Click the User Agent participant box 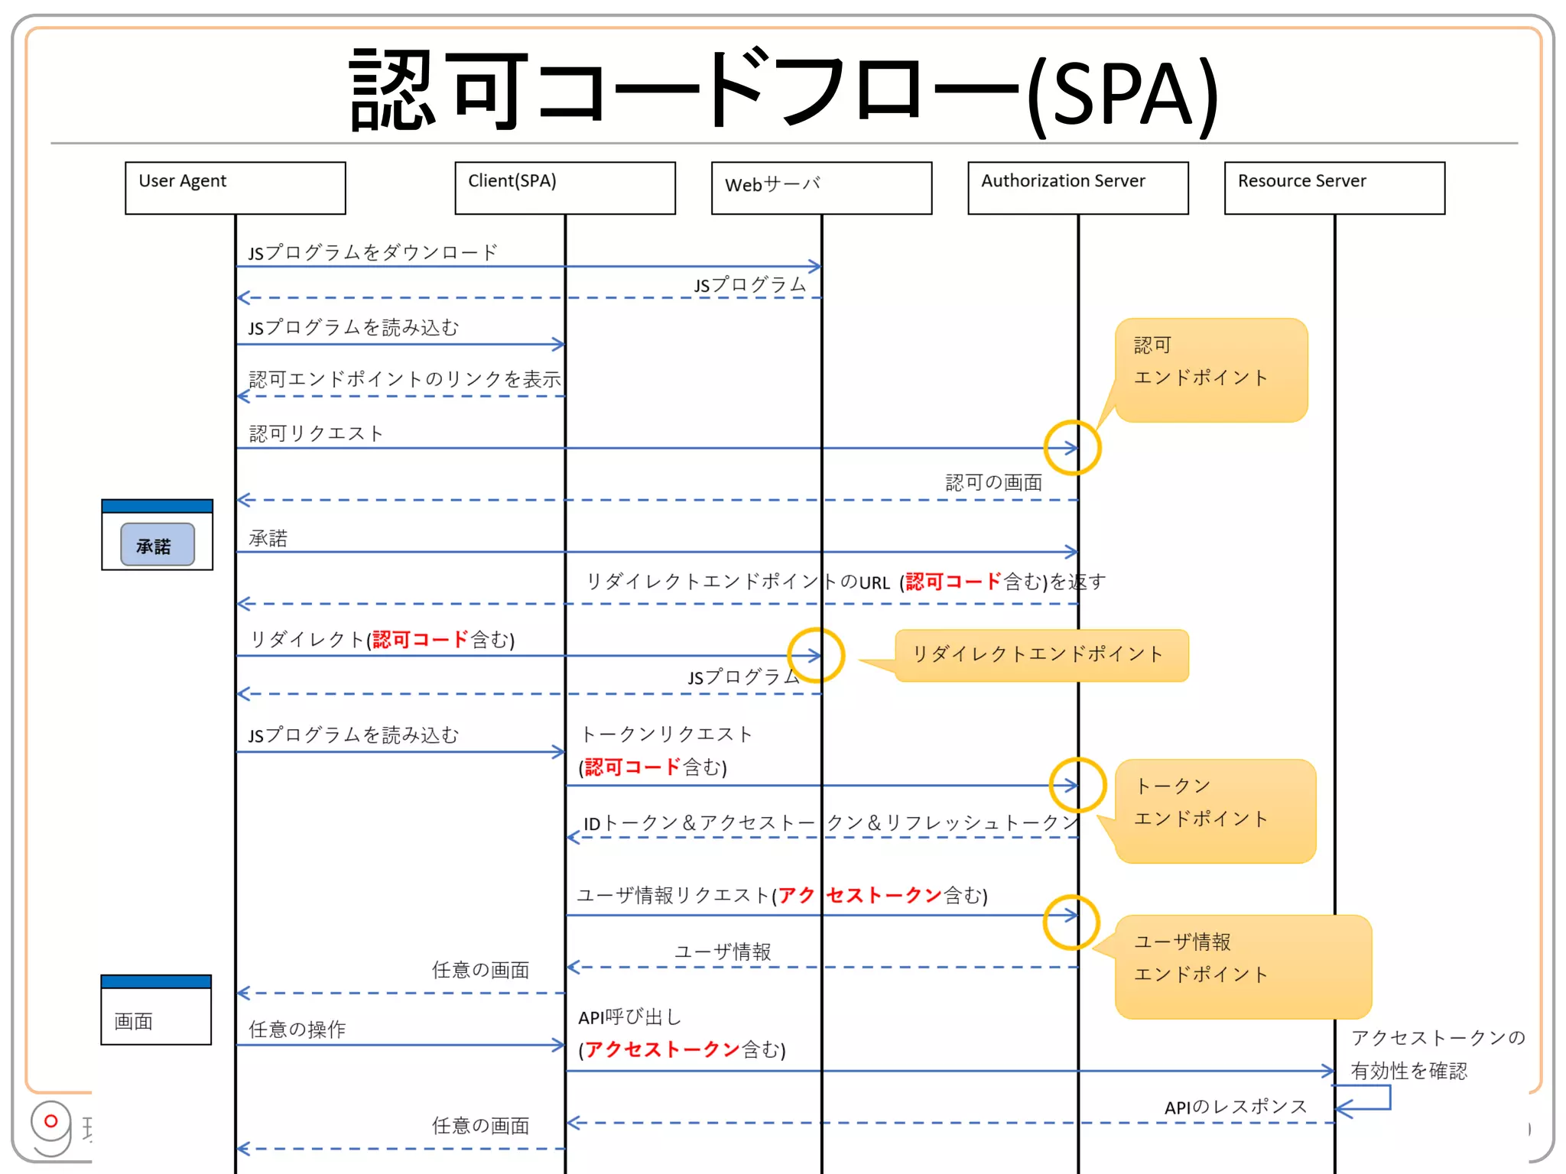click(x=235, y=187)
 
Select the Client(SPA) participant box click(x=564, y=187)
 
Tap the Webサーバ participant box click(x=821, y=187)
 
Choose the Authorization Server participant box click(x=1077, y=187)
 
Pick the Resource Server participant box click(x=1334, y=187)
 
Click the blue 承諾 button click(x=157, y=545)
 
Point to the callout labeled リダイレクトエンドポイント click(x=1040, y=655)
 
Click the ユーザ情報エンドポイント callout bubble click(x=1242, y=966)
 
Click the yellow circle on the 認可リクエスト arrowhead click(x=1072, y=448)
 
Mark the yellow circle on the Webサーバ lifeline click(x=816, y=655)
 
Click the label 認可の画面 click(x=993, y=482)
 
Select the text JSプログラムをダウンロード click(x=372, y=252)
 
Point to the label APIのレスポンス click(x=1235, y=1106)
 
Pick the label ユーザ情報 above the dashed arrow click(x=722, y=952)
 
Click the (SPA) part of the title click(x=1121, y=96)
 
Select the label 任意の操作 click(x=297, y=1029)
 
